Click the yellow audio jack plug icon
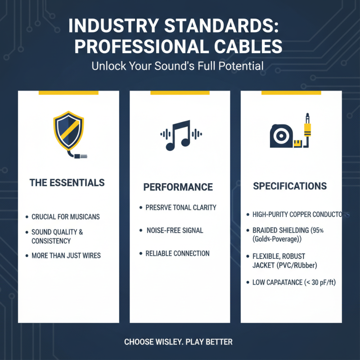(x=307, y=128)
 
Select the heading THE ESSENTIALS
(x=67, y=183)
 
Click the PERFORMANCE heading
(x=178, y=187)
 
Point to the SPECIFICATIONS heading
(x=290, y=186)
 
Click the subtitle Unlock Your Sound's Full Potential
(x=178, y=66)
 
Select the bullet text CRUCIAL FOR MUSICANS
(x=66, y=217)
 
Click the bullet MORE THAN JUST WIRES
(x=66, y=256)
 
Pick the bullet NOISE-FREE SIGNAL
(x=175, y=230)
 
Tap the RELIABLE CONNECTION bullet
(x=177, y=253)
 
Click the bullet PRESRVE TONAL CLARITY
(x=181, y=207)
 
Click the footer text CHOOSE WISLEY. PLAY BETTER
(x=178, y=342)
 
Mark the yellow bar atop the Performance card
(x=180, y=93)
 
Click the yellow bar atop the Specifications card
(x=291, y=93)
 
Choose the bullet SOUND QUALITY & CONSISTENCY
(x=57, y=236)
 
